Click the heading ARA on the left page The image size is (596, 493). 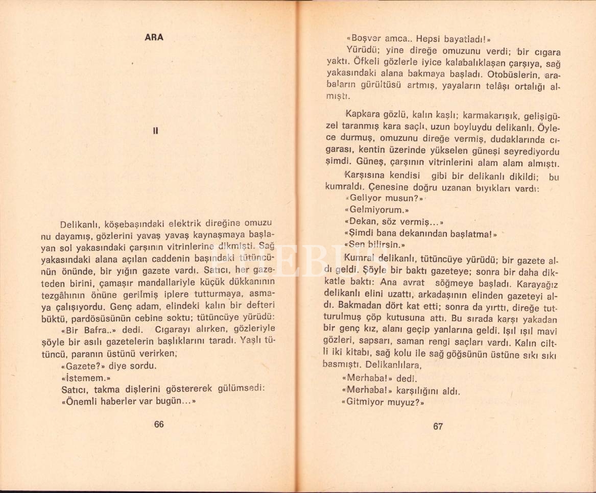coord(154,37)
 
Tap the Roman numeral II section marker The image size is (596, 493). coord(156,130)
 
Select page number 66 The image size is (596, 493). coord(158,425)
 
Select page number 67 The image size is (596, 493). coord(438,427)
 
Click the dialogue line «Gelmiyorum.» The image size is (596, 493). coord(377,209)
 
